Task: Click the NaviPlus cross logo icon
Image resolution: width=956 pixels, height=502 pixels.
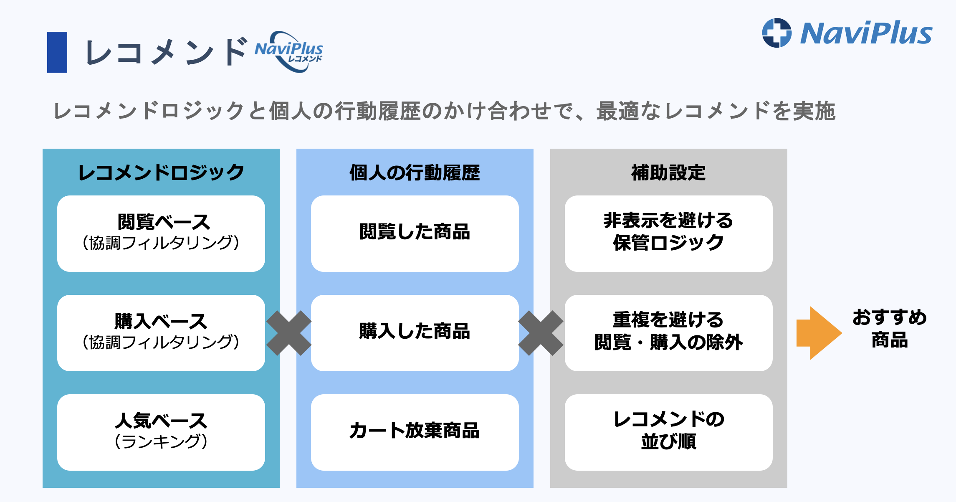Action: [x=776, y=33]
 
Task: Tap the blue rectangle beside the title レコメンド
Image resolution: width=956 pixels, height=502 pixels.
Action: [x=57, y=52]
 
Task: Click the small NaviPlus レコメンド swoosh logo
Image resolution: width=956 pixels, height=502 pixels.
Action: [x=289, y=52]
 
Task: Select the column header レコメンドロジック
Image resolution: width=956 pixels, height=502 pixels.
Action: [x=161, y=172]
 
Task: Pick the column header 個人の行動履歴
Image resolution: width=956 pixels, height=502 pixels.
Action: [x=415, y=172]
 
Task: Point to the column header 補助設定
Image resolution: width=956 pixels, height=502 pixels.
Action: [x=668, y=172]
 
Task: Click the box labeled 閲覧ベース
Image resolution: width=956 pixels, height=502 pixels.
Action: [x=161, y=233]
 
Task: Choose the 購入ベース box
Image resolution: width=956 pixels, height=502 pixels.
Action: [x=161, y=333]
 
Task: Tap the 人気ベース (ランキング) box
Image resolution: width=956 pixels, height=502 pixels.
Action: [x=161, y=432]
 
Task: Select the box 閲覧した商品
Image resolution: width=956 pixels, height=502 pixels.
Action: [x=415, y=233]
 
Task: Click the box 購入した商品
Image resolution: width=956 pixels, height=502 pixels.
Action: [x=415, y=333]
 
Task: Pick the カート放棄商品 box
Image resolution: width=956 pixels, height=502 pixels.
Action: [x=415, y=432]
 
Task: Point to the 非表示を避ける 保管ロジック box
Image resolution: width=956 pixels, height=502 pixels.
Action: [x=669, y=233]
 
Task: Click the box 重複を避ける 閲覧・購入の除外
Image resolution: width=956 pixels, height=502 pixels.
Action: [x=669, y=333]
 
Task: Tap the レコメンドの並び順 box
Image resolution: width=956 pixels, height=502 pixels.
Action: [x=669, y=432]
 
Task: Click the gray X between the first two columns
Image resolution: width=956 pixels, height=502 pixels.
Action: [x=289, y=333]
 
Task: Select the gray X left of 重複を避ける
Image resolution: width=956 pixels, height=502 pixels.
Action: [x=541, y=333]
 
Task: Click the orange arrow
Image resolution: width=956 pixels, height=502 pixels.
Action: [x=819, y=333]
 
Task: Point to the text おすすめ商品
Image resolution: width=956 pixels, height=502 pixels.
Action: [x=890, y=329]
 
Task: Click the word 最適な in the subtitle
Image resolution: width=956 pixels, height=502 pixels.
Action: [x=629, y=111]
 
